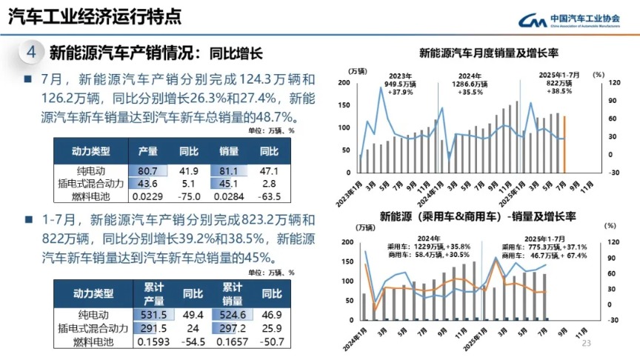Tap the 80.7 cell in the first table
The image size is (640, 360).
pyautogui.click(x=148, y=170)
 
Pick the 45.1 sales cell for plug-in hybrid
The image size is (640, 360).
pyautogui.click(x=229, y=184)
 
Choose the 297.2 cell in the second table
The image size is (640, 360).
pyautogui.click(x=233, y=327)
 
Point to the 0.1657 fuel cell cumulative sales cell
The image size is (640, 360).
pyautogui.click(x=233, y=341)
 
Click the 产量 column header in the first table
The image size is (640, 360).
pyautogui.click(x=148, y=152)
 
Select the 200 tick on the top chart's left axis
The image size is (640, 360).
pyautogui.click(x=345, y=83)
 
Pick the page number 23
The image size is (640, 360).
pyautogui.click(x=587, y=344)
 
